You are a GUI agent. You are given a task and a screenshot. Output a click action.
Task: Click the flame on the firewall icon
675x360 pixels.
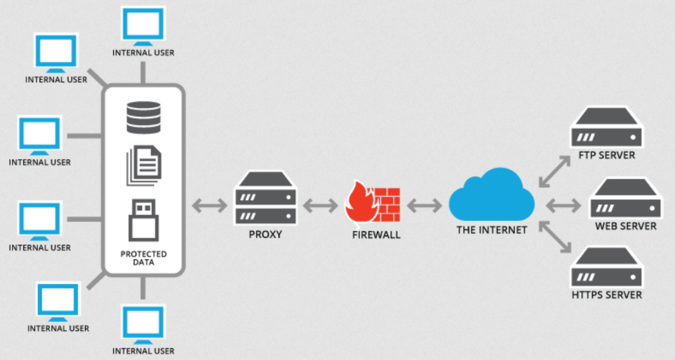360,204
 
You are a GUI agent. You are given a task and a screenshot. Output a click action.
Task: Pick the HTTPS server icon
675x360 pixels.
606,269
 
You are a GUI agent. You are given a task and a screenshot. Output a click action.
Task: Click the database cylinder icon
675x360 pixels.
143,117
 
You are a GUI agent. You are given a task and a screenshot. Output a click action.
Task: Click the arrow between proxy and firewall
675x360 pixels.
320,205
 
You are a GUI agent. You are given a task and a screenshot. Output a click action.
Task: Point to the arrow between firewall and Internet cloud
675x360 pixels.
424,205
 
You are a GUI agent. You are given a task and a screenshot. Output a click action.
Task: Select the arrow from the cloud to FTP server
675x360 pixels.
553,171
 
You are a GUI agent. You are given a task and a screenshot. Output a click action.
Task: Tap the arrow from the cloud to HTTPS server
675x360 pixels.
553,238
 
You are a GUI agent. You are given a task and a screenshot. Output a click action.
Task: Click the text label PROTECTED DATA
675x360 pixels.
143,258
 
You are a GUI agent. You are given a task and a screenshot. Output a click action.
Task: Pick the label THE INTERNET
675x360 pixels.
492,230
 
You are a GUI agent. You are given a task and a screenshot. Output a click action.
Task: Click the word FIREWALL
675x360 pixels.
376,235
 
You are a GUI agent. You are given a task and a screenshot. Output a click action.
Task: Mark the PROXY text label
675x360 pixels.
266,234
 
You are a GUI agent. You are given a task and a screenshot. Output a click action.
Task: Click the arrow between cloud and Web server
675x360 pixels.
563,205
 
